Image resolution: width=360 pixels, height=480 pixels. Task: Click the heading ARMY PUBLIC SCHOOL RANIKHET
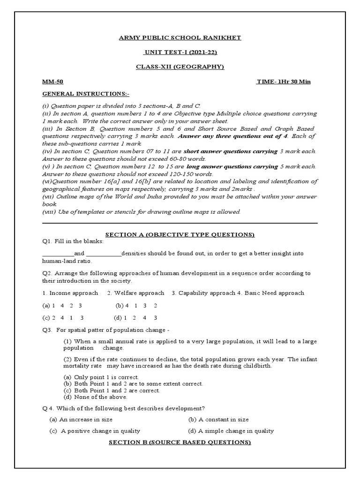pyautogui.click(x=180, y=37)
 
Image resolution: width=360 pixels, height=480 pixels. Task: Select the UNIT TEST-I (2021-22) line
pyautogui.click(x=180, y=52)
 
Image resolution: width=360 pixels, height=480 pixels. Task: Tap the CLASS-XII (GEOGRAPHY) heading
pyautogui.click(x=180, y=67)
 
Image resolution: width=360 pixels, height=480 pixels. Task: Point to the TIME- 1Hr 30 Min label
pyautogui.click(x=284, y=82)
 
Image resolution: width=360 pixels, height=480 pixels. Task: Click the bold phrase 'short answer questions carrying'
pyautogui.click(x=230, y=151)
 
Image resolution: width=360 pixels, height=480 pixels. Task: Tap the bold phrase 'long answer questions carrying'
pyautogui.click(x=232, y=166)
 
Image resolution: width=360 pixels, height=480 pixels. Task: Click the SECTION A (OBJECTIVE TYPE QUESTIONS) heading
pyautogui.click(x=180, y=234)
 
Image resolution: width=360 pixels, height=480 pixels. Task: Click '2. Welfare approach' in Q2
pyautogui.click(x=135, y=293)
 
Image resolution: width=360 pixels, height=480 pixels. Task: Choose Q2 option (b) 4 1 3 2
pyautogui.click(x=136, y=305)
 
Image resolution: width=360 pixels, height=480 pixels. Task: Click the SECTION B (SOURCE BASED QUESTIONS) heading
pyautogui.click(x=180, y=442)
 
